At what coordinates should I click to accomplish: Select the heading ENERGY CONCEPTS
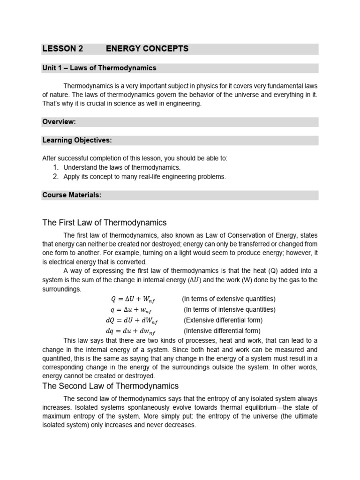(x=147, y=48)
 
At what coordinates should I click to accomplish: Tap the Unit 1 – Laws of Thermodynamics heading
(x=99, y=68)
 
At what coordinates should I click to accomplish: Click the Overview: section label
(x=59, y=122)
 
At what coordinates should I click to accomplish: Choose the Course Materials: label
(x=72, y=195)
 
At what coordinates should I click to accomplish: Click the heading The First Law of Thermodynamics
(x=105, y=223)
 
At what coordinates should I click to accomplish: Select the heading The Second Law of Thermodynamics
(x=110, y=386)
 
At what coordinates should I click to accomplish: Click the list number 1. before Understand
(x=56, y=167)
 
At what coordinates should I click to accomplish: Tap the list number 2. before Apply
(x=56, y=177)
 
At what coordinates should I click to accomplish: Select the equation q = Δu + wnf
(x=131, y=310)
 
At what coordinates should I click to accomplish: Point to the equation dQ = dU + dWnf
(x=132, y=321)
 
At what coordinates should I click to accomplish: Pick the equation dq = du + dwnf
(x=131, y=331)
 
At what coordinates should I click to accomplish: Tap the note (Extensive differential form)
(x=223, y=320)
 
